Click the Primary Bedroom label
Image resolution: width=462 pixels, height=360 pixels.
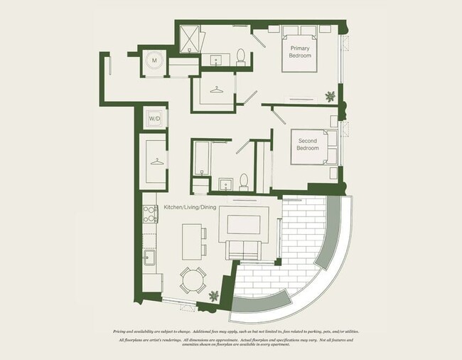(299, 52)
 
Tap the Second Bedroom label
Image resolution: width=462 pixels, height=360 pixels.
(307, 144)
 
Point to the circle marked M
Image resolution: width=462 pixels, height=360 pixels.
(154, 62)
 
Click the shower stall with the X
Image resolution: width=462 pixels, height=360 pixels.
(190, 39)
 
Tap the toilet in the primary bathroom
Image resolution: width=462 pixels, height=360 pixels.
(240, 55)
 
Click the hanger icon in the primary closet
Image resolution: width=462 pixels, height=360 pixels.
(215, 90)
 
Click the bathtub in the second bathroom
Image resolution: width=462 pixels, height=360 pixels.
(201, 160)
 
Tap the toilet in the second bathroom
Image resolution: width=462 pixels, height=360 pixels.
(243, 182)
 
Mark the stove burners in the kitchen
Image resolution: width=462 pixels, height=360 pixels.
(149, 214)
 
